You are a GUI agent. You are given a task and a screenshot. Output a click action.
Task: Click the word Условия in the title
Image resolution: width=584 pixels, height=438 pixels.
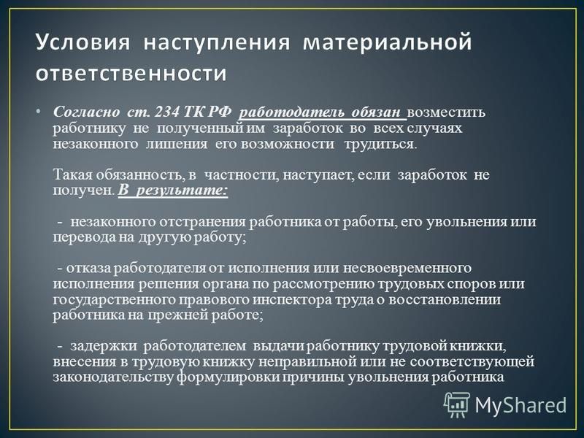82,42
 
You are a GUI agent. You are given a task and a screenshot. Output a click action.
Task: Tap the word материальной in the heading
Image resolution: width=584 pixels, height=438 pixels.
388,42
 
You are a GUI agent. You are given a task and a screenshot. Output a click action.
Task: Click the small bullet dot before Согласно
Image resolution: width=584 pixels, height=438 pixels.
39,112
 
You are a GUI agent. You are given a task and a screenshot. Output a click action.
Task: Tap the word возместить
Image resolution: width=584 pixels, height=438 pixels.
446,112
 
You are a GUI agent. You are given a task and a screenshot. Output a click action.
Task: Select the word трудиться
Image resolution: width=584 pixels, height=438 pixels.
380,144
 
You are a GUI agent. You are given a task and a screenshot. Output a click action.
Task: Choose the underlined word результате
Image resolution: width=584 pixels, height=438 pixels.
181,191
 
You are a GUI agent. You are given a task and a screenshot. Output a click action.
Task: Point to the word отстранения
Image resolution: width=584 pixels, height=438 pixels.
202,222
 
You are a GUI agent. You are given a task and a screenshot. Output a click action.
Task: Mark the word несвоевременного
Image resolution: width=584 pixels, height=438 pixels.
407,268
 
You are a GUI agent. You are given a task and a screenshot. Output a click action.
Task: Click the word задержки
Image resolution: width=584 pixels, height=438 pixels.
104,346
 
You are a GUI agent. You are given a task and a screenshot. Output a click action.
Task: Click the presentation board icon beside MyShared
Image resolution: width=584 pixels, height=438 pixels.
457,404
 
